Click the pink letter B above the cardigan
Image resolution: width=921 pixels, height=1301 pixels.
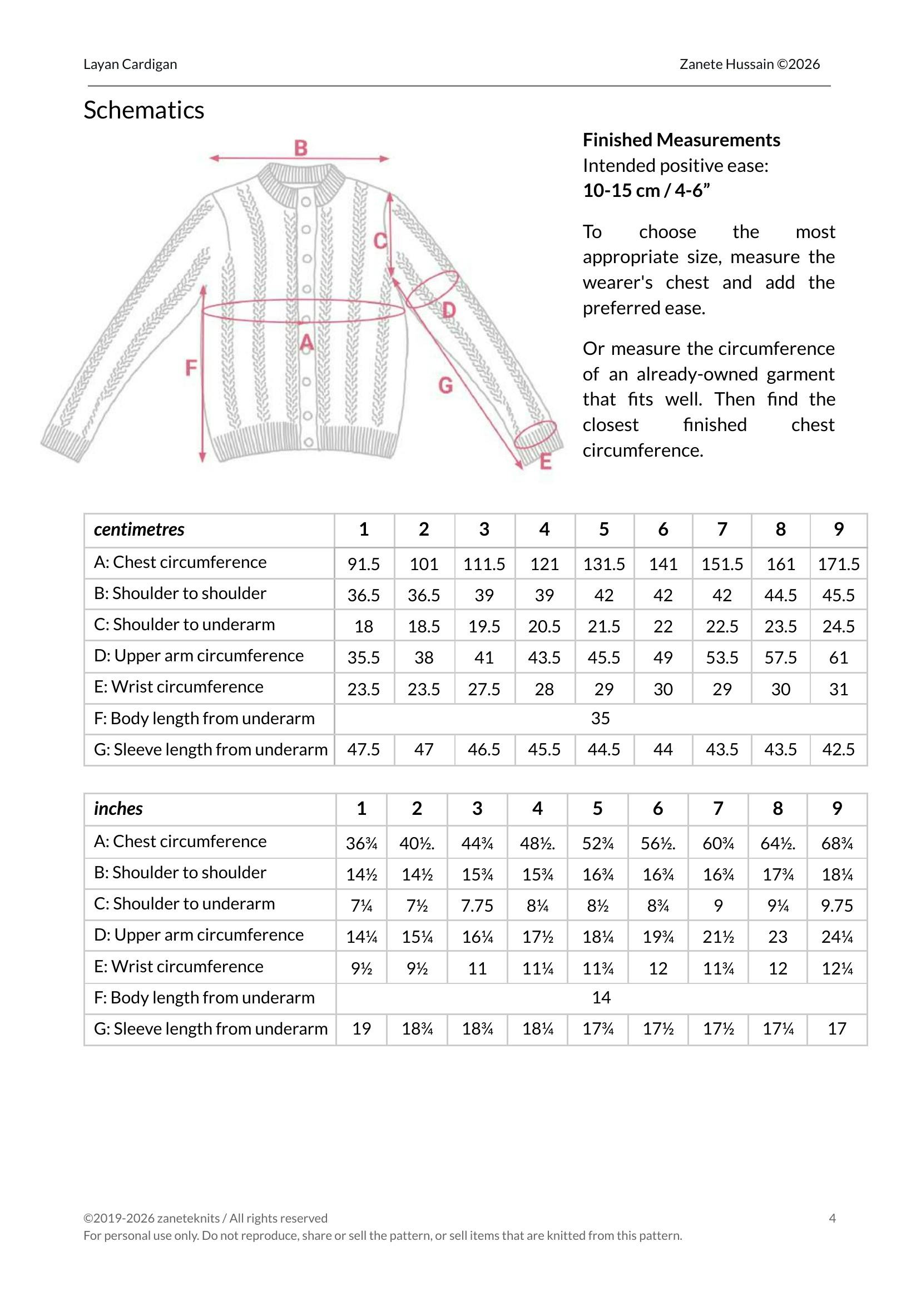pos(300,148)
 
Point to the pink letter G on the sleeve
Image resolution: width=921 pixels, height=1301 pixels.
pos(445,385)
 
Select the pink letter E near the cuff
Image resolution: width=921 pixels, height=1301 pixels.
pos(546,462)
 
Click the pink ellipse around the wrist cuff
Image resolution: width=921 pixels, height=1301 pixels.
pos(536,434)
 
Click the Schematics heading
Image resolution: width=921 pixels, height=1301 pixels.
pos(144,110)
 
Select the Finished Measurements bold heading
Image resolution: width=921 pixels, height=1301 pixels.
pos(681,140)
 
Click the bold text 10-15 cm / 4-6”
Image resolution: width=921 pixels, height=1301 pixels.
pos(646,191)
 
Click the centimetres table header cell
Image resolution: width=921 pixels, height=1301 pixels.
pos(139,530)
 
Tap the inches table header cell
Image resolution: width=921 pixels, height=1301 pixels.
pos(118,809)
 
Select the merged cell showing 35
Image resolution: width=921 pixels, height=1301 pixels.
pos(600,719)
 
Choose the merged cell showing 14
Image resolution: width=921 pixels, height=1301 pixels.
pos(601,998)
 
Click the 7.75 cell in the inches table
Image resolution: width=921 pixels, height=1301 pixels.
pos(477,906)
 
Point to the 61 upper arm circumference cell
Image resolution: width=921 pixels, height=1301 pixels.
pos(838,658)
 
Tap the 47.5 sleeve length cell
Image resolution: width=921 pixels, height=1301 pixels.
pos(364,750)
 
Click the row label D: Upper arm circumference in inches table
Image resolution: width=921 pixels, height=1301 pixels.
pos(199,934)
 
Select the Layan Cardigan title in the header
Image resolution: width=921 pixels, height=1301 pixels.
pos(130,65)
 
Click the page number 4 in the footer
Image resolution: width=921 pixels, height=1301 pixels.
pos(832,1218)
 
